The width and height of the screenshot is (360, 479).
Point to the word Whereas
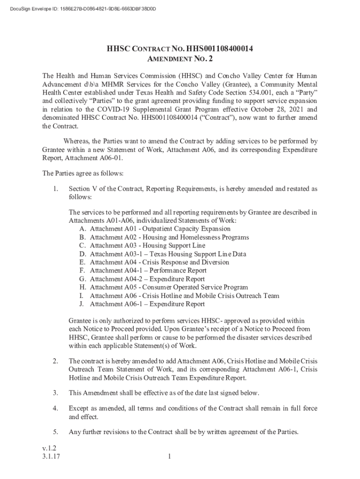(77, 141)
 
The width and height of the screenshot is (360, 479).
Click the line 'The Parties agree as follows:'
(83, 174)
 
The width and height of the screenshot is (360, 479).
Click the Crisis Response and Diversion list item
(159, 262)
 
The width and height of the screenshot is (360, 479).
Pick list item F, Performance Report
(148, 270)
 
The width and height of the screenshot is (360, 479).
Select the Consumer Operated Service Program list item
(169, 287)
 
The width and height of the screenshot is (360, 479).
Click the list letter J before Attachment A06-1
(82, 304)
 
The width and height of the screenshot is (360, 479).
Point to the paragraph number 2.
(56, 361)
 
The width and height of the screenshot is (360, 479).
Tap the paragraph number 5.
(56, 432)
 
